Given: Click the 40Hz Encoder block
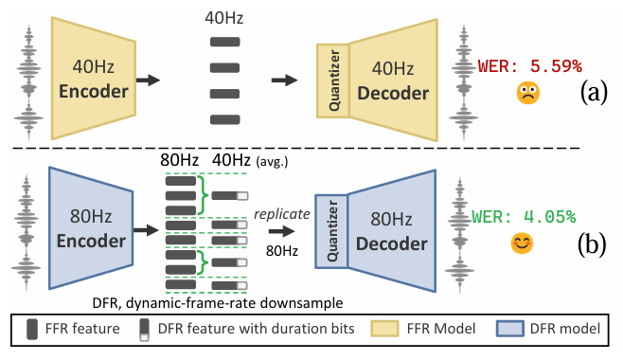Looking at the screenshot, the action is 94,79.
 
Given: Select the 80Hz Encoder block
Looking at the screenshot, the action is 91,228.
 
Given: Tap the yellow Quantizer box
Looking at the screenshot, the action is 333,81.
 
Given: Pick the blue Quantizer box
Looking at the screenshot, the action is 331,231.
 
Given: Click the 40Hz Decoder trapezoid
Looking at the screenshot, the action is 393,81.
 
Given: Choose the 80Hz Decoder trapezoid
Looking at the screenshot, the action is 392,231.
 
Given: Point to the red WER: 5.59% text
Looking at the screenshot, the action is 530,66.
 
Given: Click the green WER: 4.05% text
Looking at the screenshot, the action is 524,217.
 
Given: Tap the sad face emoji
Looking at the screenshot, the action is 528,93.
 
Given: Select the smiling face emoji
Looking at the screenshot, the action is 522,243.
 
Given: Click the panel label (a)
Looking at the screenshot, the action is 594,92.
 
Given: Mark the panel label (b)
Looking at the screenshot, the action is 592,243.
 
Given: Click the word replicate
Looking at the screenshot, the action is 282,214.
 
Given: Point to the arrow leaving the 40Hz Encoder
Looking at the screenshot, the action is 148,80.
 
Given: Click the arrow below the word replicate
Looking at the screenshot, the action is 282,231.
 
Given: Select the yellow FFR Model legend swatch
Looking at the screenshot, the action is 384,329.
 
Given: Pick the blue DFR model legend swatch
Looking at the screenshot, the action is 509,329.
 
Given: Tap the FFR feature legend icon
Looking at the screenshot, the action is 32,329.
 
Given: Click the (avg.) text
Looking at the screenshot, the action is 272,161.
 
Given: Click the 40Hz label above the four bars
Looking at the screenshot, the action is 224,18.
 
